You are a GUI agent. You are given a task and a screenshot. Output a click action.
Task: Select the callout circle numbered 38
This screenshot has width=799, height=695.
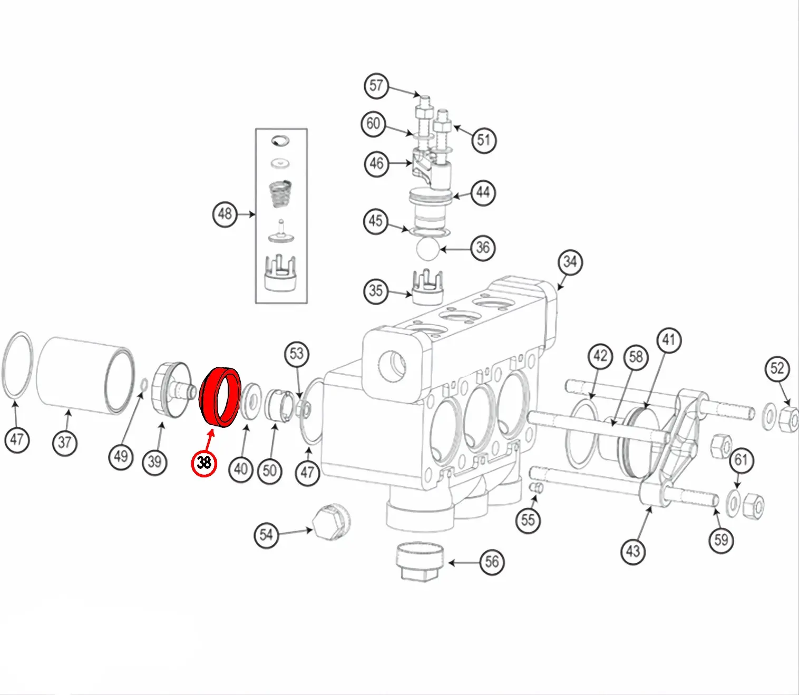204,463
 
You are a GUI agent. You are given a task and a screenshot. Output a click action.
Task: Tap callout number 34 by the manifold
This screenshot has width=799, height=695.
570,262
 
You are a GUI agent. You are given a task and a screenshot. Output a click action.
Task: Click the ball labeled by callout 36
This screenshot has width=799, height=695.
427,248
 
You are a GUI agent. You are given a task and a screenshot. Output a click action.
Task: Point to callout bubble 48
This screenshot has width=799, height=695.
225,214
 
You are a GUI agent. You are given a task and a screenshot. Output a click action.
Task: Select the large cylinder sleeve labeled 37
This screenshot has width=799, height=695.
84,374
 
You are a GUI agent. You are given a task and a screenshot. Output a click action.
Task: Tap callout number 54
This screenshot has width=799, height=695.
267,535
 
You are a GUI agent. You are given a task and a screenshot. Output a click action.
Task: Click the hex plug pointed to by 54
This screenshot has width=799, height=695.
330,522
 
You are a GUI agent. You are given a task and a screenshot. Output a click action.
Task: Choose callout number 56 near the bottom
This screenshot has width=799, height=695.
492,562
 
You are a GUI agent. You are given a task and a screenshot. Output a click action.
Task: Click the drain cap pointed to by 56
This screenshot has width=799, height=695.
420,561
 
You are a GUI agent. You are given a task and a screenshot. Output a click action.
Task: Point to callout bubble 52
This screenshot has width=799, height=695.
777,368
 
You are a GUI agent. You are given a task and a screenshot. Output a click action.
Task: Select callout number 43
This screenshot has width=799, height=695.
633,551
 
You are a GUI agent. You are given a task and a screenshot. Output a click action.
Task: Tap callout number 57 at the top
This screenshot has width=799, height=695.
376,86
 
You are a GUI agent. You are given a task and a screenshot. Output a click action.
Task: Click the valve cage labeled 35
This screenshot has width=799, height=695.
427,289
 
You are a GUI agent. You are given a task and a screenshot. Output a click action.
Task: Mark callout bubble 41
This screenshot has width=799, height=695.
668,340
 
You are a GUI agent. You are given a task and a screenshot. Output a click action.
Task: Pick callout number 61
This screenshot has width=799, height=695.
742,460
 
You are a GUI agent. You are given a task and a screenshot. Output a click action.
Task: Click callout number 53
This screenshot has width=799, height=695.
297,354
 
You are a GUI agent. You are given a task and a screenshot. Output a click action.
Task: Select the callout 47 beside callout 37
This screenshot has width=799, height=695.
17,439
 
